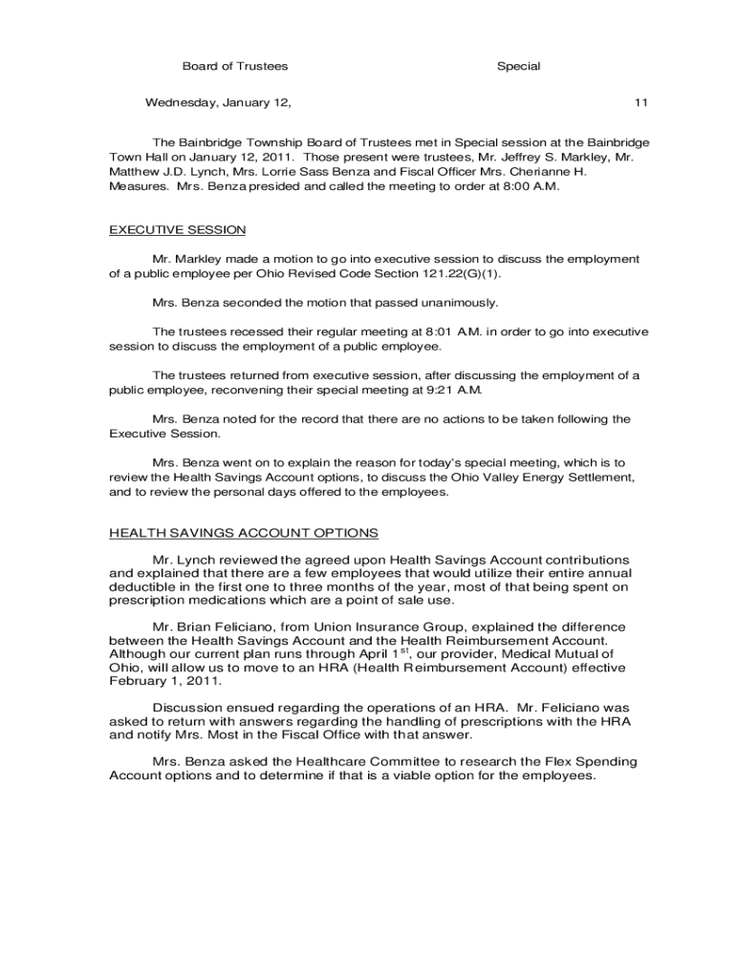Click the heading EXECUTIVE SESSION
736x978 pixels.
coord(177,230)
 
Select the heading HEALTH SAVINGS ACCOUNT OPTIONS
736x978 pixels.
coord(244,533)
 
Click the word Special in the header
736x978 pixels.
coord(518,67)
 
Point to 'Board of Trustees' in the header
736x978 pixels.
coord(235,67)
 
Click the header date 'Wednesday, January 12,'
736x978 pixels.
coord(218,102)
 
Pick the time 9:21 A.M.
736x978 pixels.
coord(456,390)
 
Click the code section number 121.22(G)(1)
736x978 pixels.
coord(459,273)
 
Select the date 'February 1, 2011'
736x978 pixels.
coord(164,682)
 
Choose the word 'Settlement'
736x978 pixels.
coord(595,477)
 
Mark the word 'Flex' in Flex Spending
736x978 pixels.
coord(508,762)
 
